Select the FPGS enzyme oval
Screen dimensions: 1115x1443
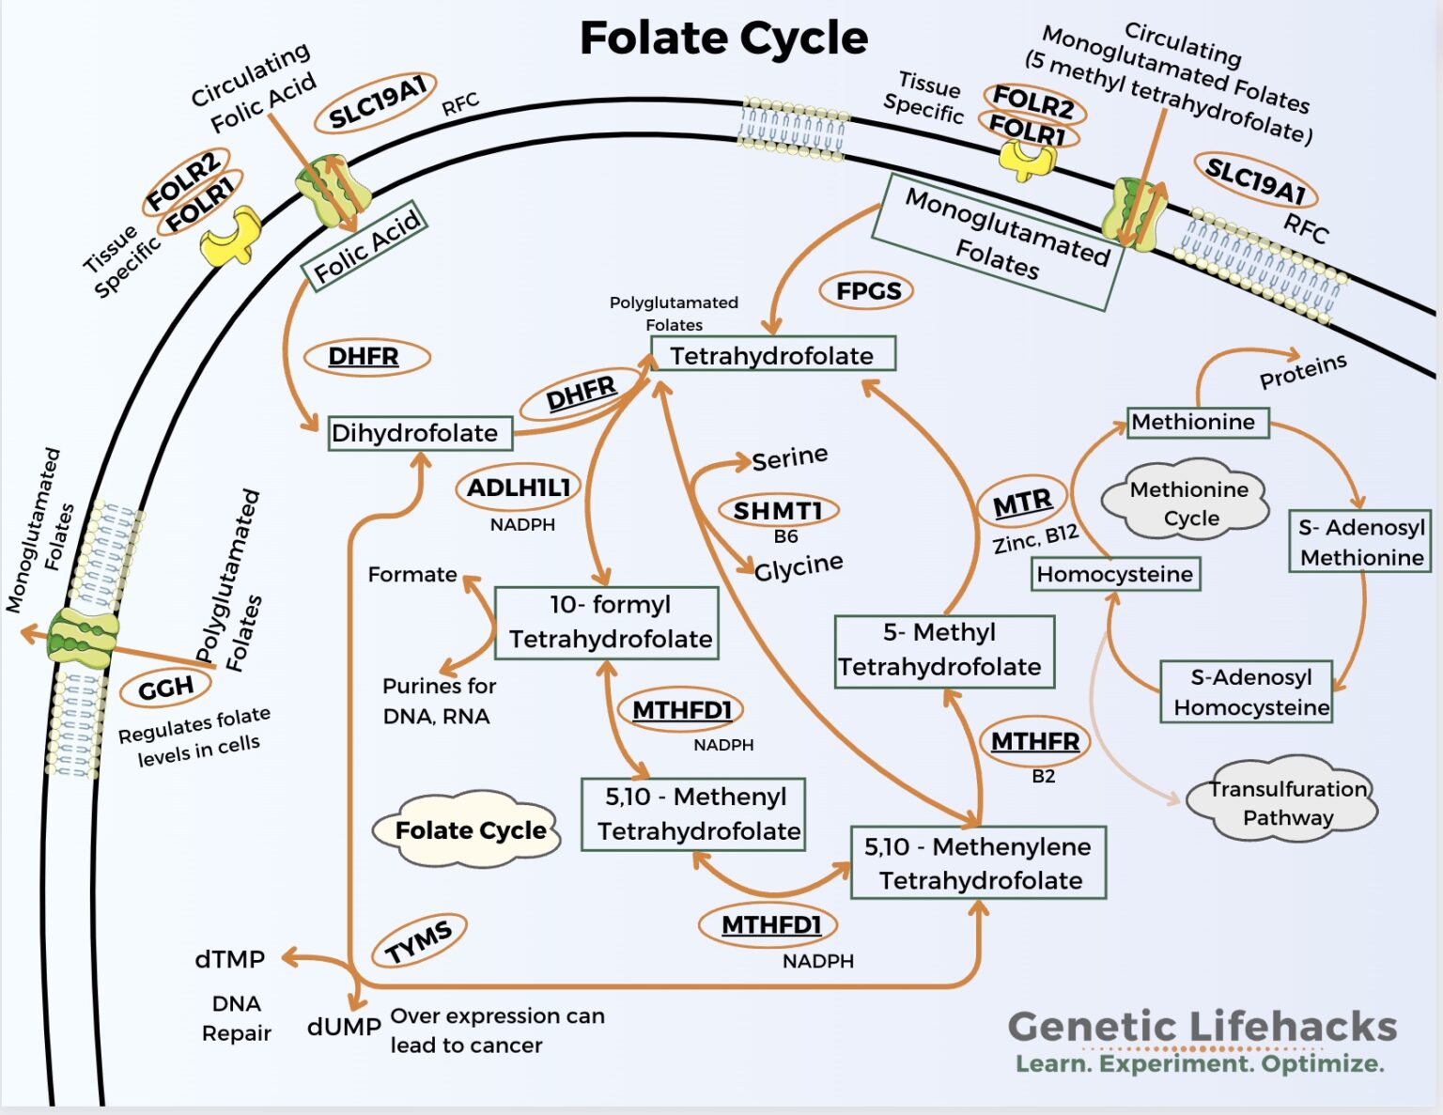[867, 291]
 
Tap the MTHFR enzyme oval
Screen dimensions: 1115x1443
[1034, 741]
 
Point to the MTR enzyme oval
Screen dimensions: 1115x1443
[1022, 503]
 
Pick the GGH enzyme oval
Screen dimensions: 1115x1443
[165, 689]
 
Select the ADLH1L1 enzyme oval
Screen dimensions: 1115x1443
[519, 488]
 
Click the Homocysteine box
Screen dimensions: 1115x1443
[1115, 574]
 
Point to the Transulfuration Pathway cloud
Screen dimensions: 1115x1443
[1285, 801]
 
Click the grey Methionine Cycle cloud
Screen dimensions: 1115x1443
[1187, 503]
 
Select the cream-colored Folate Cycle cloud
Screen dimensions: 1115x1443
[469, 830]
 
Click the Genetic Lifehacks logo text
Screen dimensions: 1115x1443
[1202, 1027]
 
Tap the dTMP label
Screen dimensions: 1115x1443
[230, 959]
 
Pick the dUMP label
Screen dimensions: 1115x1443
[344, 1027]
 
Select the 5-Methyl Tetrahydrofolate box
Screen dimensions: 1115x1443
[943, 651]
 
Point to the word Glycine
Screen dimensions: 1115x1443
[799, 566]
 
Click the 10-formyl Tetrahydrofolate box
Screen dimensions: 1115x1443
[607, 622]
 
